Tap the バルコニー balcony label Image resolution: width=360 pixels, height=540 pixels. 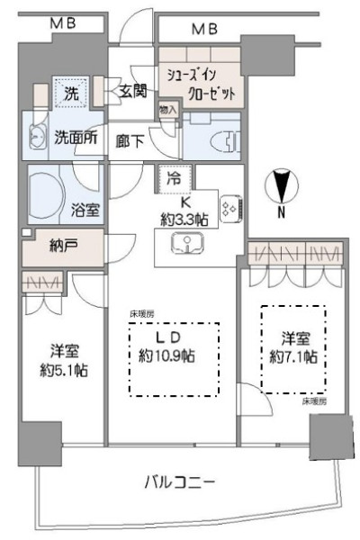pos(180,483)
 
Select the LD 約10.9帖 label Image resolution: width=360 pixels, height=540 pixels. pos(175,346)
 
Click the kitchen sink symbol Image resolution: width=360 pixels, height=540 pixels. pos(185,243)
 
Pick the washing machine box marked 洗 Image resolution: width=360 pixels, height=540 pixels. pos(66,91)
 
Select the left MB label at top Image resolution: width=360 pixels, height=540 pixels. pos(62,28)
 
